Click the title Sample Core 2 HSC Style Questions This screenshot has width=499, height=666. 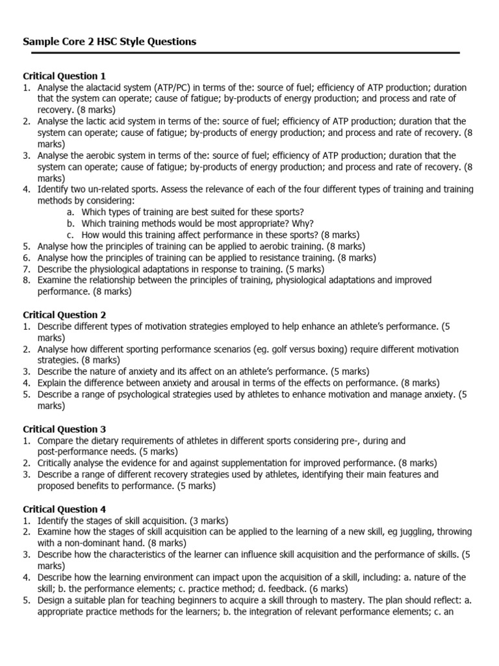(x=109, y=42)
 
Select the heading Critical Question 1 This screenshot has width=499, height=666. (x=64, y=76)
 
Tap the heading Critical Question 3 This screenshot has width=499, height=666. (x=64, y=429)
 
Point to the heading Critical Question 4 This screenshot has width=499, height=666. (x=64, y=509)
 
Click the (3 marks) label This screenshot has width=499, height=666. (x=204, y=520)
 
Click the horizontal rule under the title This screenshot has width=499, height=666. (x=241, y=53)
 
